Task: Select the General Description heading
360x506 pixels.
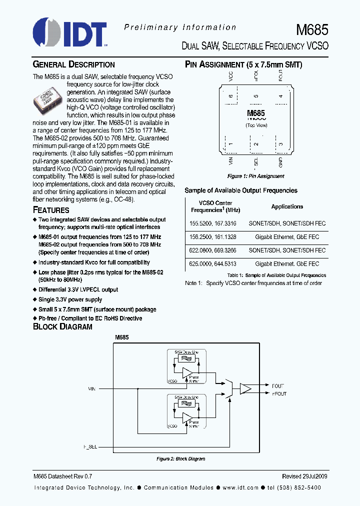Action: click(x=73, y=64)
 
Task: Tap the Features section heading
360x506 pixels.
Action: click(x=51, y=210)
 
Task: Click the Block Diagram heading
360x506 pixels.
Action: click(x=62, y=326)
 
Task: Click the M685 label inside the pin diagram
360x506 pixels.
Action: click(x=256, y=113)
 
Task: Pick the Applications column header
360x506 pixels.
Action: click(x=287, y=206)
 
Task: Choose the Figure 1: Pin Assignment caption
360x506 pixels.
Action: click(x=255, y=176)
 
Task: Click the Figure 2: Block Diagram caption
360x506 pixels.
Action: click(x=180, y=458)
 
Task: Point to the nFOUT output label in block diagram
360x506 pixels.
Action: click(x=278, y=393)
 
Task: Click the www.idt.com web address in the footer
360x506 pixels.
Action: click(x=240, y=487)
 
